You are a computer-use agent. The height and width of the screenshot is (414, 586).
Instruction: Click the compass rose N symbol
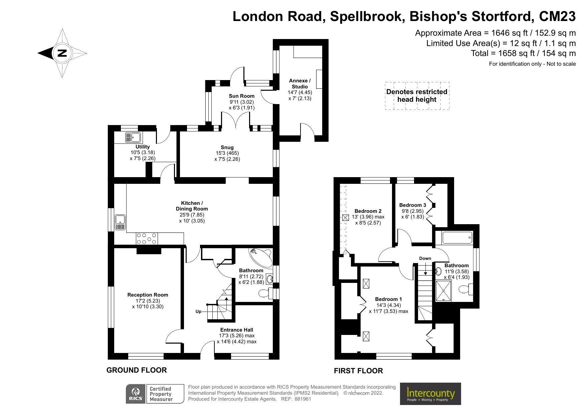pyautogui.click(x=62, y=53)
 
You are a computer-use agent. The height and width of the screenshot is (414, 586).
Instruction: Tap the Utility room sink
pyautogui.click(x=133, y=137)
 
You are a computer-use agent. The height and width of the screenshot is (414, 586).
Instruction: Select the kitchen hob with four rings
pyautogui.click(x=147, y=239)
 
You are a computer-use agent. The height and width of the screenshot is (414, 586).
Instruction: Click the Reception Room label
pyautogui.click(x=148, y=295)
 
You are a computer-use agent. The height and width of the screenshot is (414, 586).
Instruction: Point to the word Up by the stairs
pyautogui.click(x=198, y=312)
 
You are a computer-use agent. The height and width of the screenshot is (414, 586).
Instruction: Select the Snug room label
pyautogui.click(x=227, y=147)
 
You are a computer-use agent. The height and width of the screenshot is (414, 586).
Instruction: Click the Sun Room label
pyautogui.click(x=241, y=96)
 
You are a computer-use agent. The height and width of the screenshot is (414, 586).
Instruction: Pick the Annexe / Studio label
pyautogui.click(x=300, y=83)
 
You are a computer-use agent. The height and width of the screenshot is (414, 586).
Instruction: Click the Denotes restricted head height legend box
pyautogui.click(x=417, y=96)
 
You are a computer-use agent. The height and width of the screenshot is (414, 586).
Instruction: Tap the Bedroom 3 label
pyautogui.click(x=412, y=205)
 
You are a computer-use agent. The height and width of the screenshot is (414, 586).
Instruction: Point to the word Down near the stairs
pyautogui.click(x=425, y=258)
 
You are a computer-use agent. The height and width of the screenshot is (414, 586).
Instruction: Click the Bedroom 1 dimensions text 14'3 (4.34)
pyautogui.click(x=388, y=305)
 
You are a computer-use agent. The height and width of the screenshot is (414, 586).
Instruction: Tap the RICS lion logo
pyautogui.click(x=136, y=394)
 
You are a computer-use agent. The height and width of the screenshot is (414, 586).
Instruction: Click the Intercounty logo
pyautogui.click(x=430, y=394)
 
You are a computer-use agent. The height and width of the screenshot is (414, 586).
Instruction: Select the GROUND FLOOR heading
pyautogui.click(x=137, y=370)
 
